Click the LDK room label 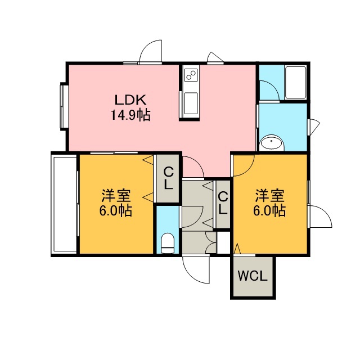pyautogui.click(x=130, y=100)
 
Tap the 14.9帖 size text pyautogui.click(x=130, y=115)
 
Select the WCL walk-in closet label pyautogui.click(x=253, y=276)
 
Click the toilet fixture pyautogui.click(x=168, y=244)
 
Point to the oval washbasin pyautogui.click(x=272, y=143)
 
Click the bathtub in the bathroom pyautogui.click(x=295, y=83)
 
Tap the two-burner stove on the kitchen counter pyautogui.click(x=191, y=75)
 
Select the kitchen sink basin pyautogui.click(x=191, y=103)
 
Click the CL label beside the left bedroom pyautogui.click(x=168, y=178)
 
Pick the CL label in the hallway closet pyautogui.click(x=223, y=203)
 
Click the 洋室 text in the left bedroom pyautogui.click(x=116, y=196)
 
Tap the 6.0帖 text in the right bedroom pyautogui.click(x=269, y=210)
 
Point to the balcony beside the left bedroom pyautogui.click(x=65, y=204)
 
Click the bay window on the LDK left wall pyautogui.click(x=64, y=106)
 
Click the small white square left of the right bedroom pyautogui.click(x=223, y=242)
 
